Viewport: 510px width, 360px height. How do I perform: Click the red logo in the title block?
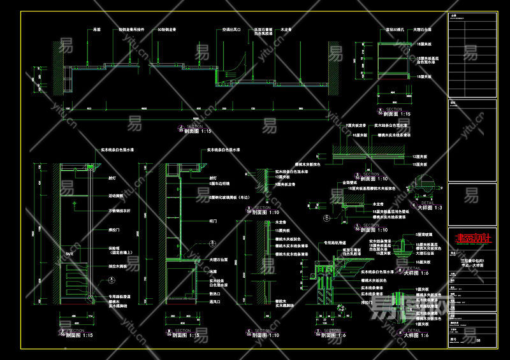(x=474, y=240)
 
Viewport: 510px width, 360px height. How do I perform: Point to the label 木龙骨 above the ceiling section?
(x=286, y=29)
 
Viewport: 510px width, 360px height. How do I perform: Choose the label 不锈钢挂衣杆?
(x=119, y=210)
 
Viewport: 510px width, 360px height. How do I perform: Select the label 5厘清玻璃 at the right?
(x=423, y=234)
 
